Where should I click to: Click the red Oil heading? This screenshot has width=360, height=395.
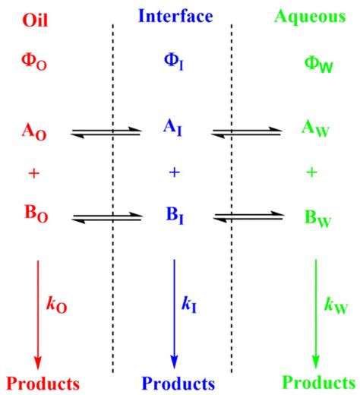point(35,20)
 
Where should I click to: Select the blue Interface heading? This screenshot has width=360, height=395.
point(175,16)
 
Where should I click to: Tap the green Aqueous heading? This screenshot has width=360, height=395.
point(310,17)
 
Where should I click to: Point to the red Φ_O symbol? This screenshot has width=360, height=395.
point(34,62)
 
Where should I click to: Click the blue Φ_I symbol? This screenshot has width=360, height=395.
point(174,62)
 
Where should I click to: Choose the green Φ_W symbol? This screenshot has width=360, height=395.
point(318,65)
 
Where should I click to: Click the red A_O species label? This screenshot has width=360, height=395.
point(34,131)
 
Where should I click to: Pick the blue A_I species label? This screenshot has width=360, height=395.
point(172,128)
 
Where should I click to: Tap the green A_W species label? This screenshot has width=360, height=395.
point(315,129)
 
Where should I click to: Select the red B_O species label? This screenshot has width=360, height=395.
point(36,214)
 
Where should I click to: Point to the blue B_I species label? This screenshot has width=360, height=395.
point(175,216)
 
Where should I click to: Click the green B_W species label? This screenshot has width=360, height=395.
point(317,219)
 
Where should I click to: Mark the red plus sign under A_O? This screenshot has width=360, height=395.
point(34,174)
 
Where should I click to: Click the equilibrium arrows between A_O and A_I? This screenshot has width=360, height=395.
point(106,132)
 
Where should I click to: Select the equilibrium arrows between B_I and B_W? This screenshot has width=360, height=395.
point(249,217)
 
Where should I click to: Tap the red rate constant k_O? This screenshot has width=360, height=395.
point(56,305)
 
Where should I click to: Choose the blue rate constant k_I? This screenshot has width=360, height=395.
point(189,305)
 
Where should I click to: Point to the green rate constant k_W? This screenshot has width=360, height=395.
point(336,305)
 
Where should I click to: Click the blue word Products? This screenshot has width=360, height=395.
point(178,384)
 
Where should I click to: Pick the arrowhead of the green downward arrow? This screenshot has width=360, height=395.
point(315,362)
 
